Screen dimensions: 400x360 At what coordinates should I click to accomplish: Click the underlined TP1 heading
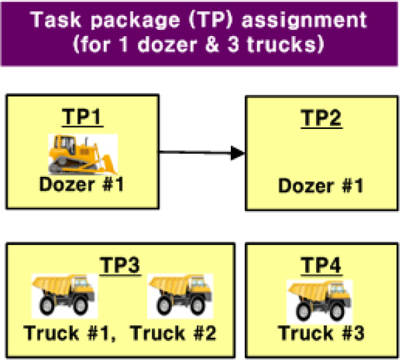pos(82,117)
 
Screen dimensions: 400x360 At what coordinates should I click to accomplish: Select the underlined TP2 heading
pos(322,119)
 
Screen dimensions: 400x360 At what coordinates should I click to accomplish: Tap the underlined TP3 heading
pos(120,266)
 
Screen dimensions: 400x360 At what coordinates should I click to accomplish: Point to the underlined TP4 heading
pos(322,266)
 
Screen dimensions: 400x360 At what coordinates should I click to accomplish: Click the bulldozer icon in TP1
pos(83,154)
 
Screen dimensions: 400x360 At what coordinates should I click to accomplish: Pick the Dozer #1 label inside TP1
pos(82,185)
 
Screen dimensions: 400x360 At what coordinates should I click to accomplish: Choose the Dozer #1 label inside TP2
pos(321,186)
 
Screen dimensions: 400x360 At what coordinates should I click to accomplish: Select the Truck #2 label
pos(173,333)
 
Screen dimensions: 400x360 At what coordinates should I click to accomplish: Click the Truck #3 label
pos(321,333)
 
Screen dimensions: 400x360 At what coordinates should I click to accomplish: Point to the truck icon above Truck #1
pos(64,296)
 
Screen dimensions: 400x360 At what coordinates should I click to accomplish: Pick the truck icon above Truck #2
pos(180,296)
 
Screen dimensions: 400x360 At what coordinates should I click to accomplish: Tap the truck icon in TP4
pos(320,302)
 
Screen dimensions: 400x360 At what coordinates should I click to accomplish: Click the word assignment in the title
pos(304,20)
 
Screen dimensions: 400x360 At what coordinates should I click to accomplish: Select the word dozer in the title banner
pos(167,44)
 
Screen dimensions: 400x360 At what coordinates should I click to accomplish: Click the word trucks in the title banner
pos(282,44)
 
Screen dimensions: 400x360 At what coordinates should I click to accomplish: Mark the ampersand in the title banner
pos(211,44)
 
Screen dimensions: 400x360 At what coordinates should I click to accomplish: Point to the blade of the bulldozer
pos(109,164)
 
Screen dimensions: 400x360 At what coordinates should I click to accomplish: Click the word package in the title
pos(135,21)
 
